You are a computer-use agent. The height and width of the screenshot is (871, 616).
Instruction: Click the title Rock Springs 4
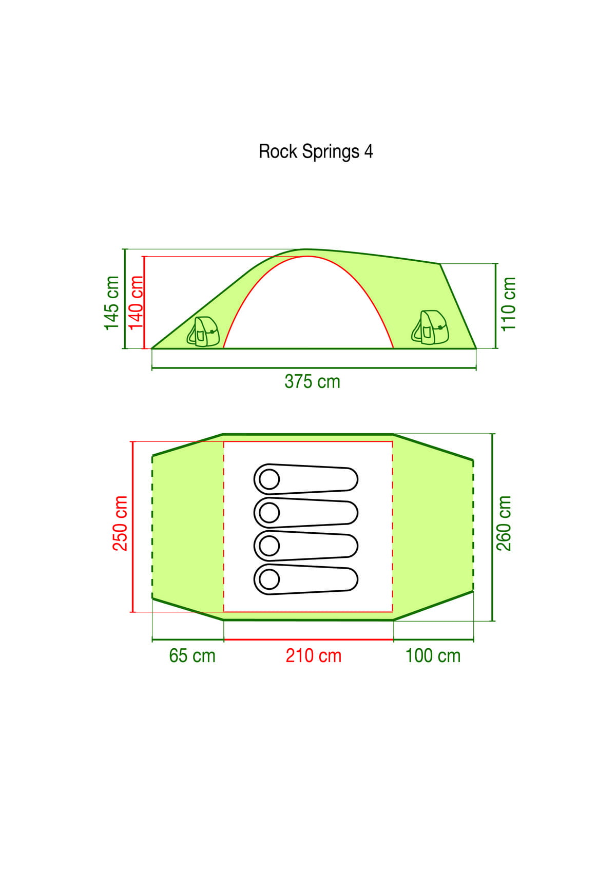pyautogui.click(x=316, y=151)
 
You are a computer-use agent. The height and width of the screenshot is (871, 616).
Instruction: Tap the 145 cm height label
pyautogui.click(x=111, y=303)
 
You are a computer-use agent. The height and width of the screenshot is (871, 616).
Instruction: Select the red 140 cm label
pyautogui.click(x=136, y=302)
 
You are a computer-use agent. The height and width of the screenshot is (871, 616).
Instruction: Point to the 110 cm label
pyautogui.click(x=508, y=304)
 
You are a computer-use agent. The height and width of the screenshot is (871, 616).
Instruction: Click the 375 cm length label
pyautogui.click(x=312, y=381)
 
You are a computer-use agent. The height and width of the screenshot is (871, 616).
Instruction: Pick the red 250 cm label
pyautogui.click(x=120, y=524)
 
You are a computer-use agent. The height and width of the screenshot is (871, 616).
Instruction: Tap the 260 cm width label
pyautogui.click(x=504, y=524)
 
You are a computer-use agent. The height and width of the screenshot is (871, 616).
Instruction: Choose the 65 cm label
pyautogui.click(x=192, y=655)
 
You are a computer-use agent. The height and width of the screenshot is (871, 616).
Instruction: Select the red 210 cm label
pyautogui.click(x=314, y=655)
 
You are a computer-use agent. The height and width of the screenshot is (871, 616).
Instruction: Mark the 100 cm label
pyautogui.click(x=433, y=655)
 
